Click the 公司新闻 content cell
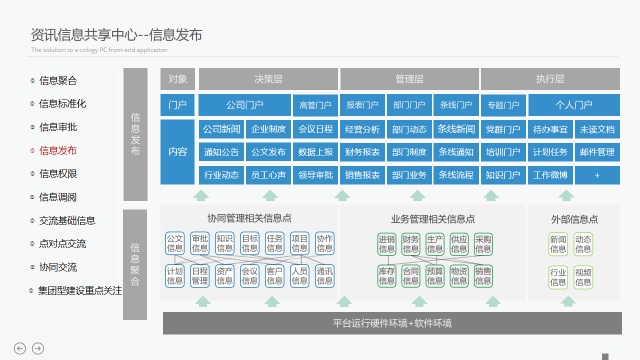pyautogui.click(x=221, y=129)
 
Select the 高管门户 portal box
pyautogui.click(x=315, y=105)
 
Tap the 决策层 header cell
pyautogui.click(x=268, y=79)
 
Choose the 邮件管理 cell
pyautogui.click(x=597, y=152)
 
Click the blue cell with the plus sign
pyautogui.click(x=597, y=175)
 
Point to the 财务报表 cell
pyautogui.click(x=362, y=152)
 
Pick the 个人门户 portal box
pyautogui.click(x=574, y=105)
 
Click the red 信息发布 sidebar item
pyautogui.click(x=58, y=150)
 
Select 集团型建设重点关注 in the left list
pyautogui.click(x=80, y=290)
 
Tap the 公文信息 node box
pyautogui.click(x=175, y=243)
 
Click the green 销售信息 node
pyautogui.click(x=483, y=276)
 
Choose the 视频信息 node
pyautogui.click(x=583, y=277)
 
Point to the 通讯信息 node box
pyautogui.click(x=324, y=276)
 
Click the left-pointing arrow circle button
pyautogui.click(x=20, y=348)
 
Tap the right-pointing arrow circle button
pyautogui.click(x=38, y=348)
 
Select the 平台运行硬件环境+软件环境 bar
pyautogui.click(x=392, y=323)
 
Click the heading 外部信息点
pyautogui.click(x=574, y=219)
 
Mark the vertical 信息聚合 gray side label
pyautogui.click(x=135, y=264)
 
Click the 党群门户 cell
pyautogui.click(x=503, y=129)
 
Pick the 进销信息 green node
pyautogui.click(x=386, y=244)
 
